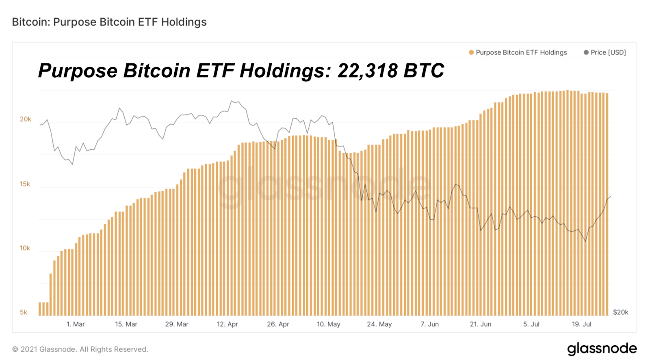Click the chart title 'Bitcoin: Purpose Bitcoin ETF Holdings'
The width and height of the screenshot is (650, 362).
[x=109, y=22]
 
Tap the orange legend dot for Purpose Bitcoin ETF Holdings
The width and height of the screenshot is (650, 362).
[x=471, y=52]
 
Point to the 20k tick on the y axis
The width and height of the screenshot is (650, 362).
[x=26, y=119]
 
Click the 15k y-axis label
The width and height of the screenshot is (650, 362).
[x=25, y=184]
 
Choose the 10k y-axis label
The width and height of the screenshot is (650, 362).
[x=25, y=248]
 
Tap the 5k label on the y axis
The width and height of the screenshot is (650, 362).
[x=24, y=312]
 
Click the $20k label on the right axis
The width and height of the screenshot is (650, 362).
[x=620, y=312]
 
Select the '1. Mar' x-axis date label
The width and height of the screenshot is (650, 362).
[x=76, y=324]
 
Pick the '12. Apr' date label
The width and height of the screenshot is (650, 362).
[x=227, y=324]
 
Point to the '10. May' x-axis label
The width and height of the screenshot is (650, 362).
[x=329, y=324]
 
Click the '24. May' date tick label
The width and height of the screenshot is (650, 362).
[x=379, y=324]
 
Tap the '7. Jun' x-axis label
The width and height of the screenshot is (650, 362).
[x=429, y=324]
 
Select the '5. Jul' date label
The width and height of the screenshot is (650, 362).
[x=531, y=324]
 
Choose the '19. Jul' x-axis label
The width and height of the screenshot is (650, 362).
[x=582, y=324]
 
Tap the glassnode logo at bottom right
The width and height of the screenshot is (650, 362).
[x=602, y=349]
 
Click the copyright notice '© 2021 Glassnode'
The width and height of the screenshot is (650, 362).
[x=80, y=349]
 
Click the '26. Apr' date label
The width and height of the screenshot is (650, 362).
[x=278, y=324]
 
